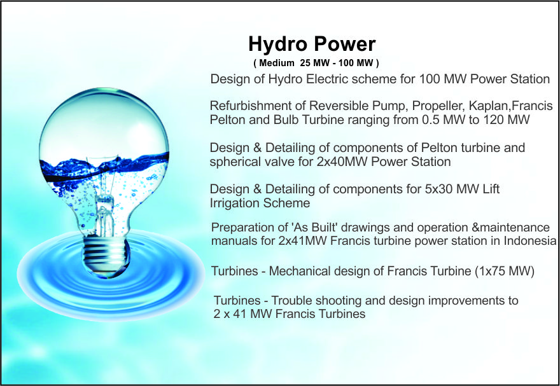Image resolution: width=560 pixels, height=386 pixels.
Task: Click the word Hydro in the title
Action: point(278,45)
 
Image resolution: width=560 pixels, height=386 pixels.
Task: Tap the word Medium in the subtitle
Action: point(277,63)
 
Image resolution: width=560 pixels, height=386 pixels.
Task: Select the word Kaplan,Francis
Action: point(511,106)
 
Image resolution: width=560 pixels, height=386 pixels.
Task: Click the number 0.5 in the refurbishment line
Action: point(431,120)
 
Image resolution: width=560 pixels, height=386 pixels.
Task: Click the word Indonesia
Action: point(530,241)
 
